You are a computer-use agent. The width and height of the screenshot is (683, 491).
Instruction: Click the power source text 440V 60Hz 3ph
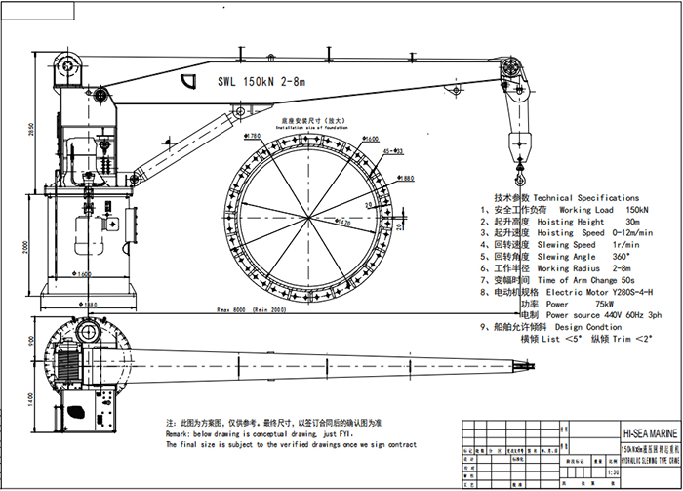626,315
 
